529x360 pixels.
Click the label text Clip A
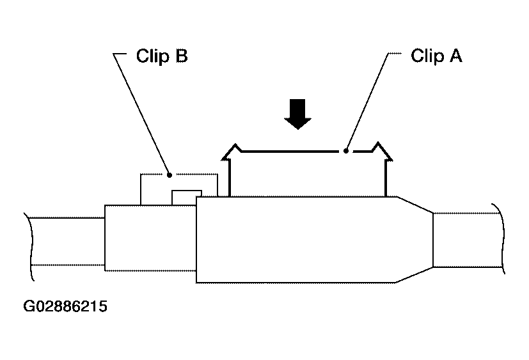click(x=436, y=56)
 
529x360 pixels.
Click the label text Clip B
click(x=162, y=56)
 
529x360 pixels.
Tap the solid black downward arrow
click(x=297, y=114)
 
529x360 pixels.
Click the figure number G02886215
click(x=65, y=306)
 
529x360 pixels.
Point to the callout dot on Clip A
click(x=346, y=151)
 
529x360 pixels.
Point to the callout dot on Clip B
click(x=170, y=175)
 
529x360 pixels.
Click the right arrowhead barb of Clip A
click(x=383, y=151)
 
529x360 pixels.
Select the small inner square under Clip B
click(x=187, y=198)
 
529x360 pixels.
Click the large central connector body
click(x=304, y=240)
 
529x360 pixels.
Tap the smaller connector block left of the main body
click(x=150, y=238)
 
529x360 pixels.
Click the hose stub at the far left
click(x=67, y=242)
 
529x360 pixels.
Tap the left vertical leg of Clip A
click(x=230, y=178)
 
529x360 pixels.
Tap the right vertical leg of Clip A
click(x=386, y=178)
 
